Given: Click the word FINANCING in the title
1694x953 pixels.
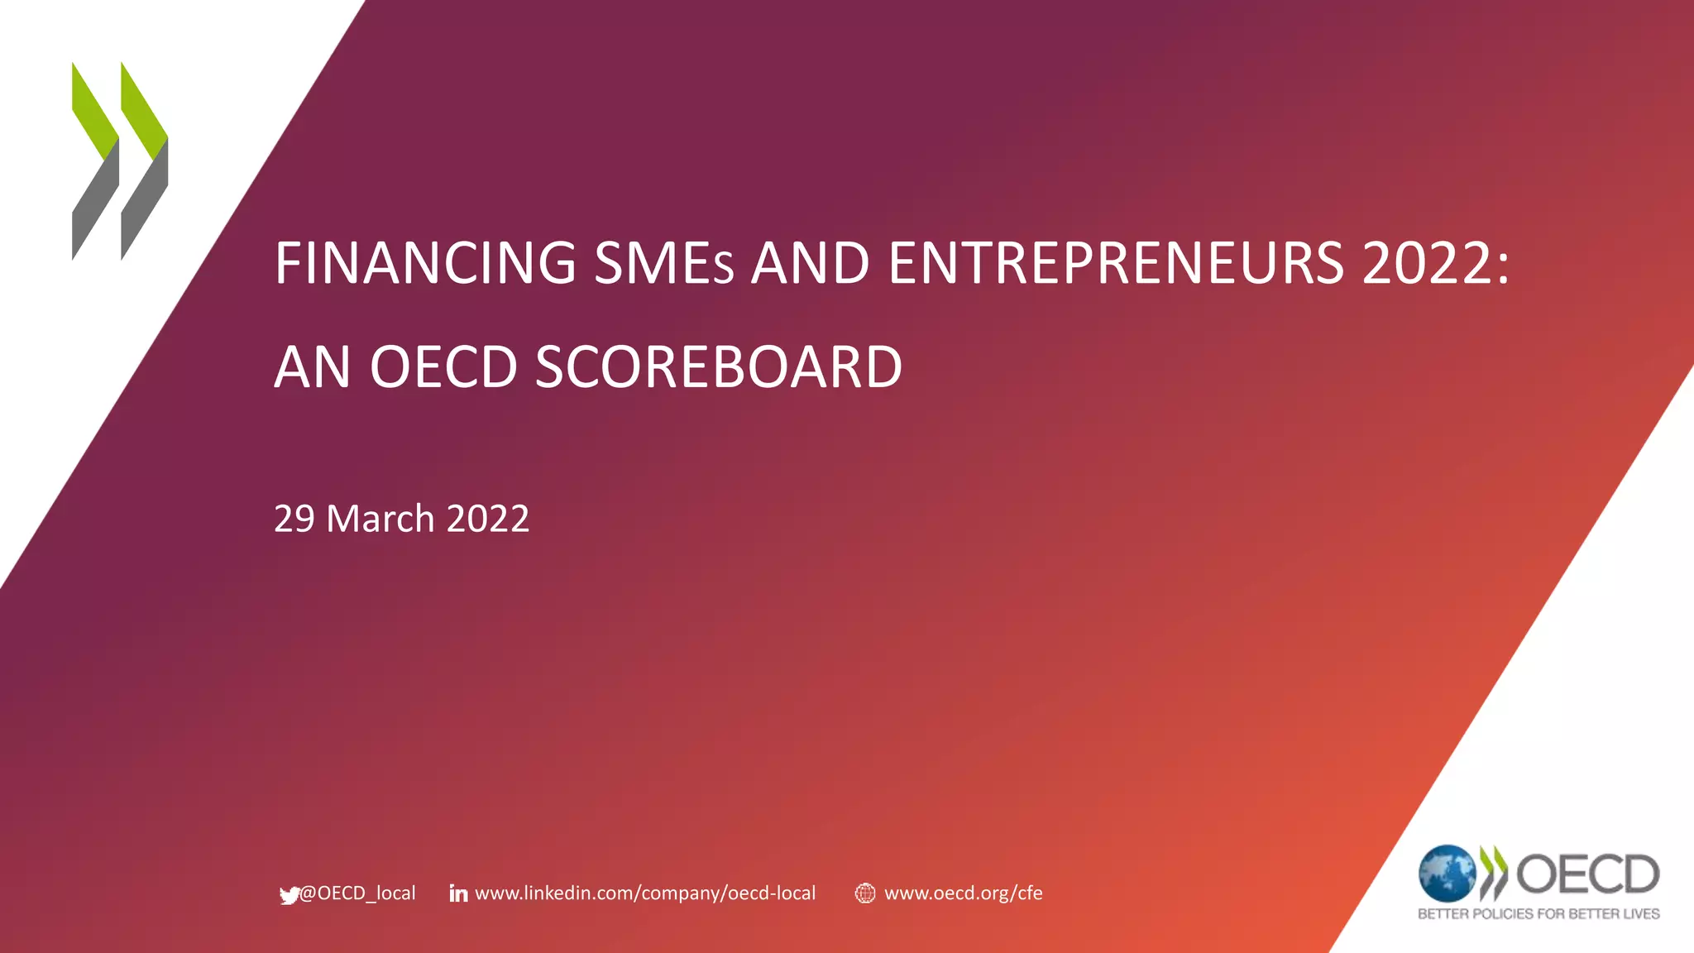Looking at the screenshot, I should (425, 263).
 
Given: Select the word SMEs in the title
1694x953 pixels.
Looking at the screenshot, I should (663, 263).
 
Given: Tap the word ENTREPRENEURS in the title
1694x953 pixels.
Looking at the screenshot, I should (1116, 263).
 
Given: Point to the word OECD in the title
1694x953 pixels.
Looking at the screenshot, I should (443, 367).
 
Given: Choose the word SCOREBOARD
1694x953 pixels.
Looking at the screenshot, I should (718, 367).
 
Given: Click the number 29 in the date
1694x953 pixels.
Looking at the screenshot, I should (294, 519).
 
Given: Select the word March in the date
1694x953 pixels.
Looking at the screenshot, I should (380, 519).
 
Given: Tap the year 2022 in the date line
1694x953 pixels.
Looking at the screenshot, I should (488, 519).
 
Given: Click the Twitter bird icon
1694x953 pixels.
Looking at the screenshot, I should (289, 895).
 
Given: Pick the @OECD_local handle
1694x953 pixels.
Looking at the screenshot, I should (357, 893).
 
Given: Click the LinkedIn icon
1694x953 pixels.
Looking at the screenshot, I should (458, 893).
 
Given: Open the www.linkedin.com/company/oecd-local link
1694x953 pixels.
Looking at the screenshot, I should (645, 893).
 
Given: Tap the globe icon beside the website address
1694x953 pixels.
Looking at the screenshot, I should (864, 893).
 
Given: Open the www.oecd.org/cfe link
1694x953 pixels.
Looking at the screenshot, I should (963, 893).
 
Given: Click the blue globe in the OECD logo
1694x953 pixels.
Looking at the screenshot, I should (1447, 873).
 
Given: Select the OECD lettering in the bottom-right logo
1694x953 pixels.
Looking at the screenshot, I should (1587, 874).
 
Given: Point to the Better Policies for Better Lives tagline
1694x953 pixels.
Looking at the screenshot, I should (1538, 914).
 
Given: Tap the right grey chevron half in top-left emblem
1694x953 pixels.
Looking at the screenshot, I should (146, 203).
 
